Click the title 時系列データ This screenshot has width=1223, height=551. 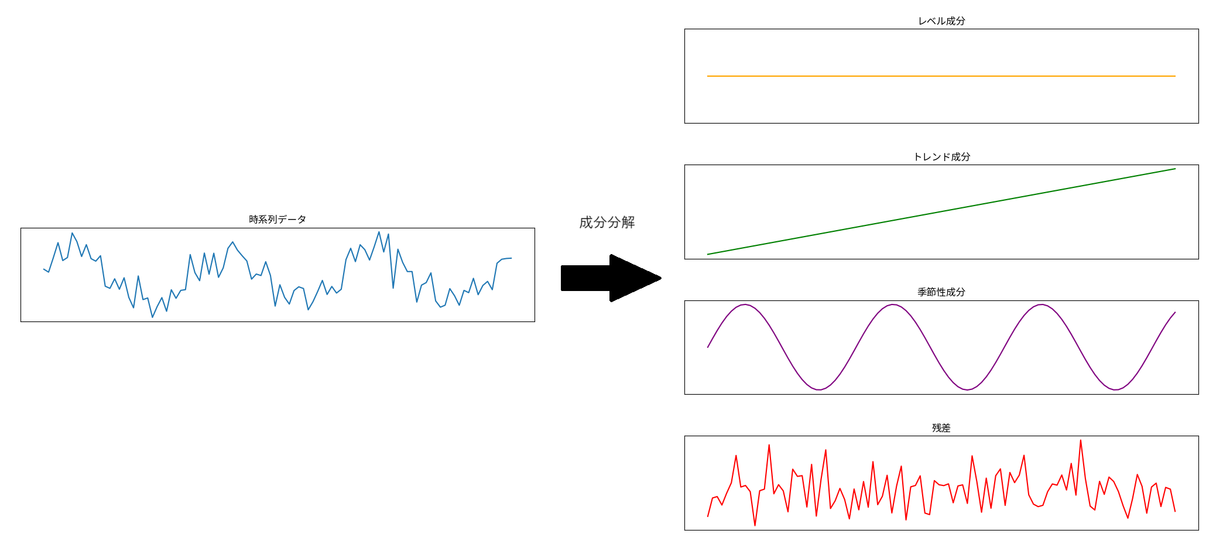[x=278, y=220]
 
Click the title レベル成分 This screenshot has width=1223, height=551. [x=941, y=21]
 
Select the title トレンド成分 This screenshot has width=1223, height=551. [x=941, y=157]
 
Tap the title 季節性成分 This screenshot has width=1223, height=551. [x=941, y=292]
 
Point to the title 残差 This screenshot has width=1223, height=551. [x=941, y=428]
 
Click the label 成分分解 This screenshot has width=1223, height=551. [x=607, y=223]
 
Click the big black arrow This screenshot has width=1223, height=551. [x=611, y=278]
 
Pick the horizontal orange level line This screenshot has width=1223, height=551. [x=941, y=76]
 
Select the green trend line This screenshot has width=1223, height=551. [x=941, y=211]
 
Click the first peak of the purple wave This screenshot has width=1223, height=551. [x=745, y=304]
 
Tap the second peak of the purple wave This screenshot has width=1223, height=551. [x=893, y=304]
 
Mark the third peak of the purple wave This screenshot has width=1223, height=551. [x=1042, y=304]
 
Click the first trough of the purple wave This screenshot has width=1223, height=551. [x=819, y=390]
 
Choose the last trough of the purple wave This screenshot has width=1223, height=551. [x=1116, y=390]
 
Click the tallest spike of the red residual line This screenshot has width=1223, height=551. [x=1081, y=440]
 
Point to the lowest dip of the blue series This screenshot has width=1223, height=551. [x=153, y=317]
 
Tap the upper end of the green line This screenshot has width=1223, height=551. [x=1175, y=169]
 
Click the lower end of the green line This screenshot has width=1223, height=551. [x=708, y=254]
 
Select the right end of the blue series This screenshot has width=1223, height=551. [x=511, y=258]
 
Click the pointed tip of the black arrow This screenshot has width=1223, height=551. [x=661, y=278]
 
